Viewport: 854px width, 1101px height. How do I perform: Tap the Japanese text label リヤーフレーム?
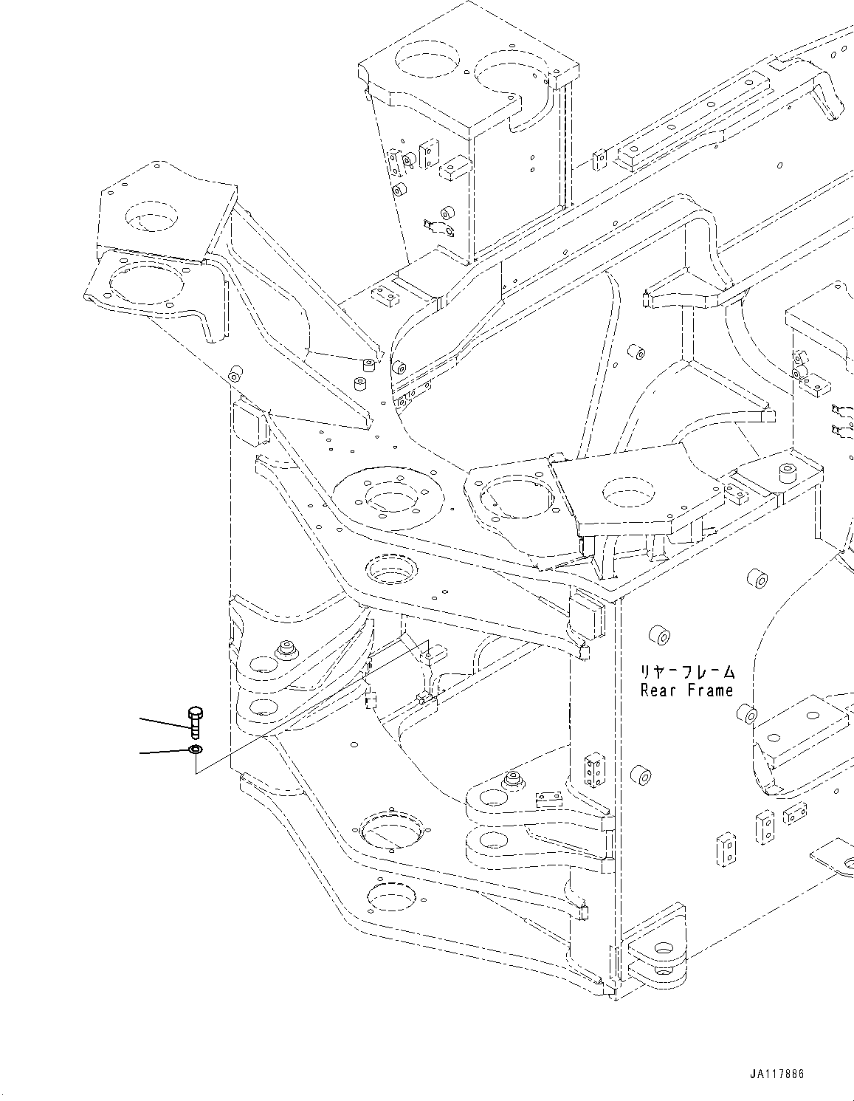tap(687, 672)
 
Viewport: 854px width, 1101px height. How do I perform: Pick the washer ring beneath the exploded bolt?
tap(195, 750)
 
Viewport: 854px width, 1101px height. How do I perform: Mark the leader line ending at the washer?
tap(165, 752)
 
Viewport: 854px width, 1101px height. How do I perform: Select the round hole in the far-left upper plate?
tap(151, 219)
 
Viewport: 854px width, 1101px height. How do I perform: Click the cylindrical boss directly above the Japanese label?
tap(658, 634)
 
